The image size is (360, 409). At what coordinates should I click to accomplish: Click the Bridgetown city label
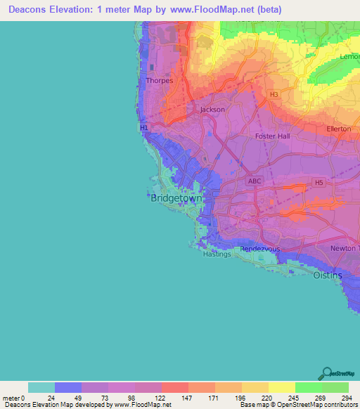tap(176, 199)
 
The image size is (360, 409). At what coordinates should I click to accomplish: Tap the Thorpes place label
tap(159, 81)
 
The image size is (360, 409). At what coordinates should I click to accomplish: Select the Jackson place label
tap(212, 110)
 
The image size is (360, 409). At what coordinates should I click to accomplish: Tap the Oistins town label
tap(327, 275)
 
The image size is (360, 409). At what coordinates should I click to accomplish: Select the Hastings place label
tap(216, 254)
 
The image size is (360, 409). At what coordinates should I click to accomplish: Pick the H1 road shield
tap(144, 128)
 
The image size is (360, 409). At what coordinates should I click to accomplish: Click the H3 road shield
tap(274, 93)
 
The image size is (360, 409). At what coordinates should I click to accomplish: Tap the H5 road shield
tap(319, 183)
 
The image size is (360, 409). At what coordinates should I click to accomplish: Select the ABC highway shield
tap(254, 181)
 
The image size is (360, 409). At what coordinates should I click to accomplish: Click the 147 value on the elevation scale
tap(188, 398)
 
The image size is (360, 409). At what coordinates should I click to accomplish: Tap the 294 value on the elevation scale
tap(348, 398)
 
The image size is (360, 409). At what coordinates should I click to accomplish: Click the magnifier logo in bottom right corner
tap(327, 373)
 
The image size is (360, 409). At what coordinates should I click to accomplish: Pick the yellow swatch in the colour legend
tap(281, 387)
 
